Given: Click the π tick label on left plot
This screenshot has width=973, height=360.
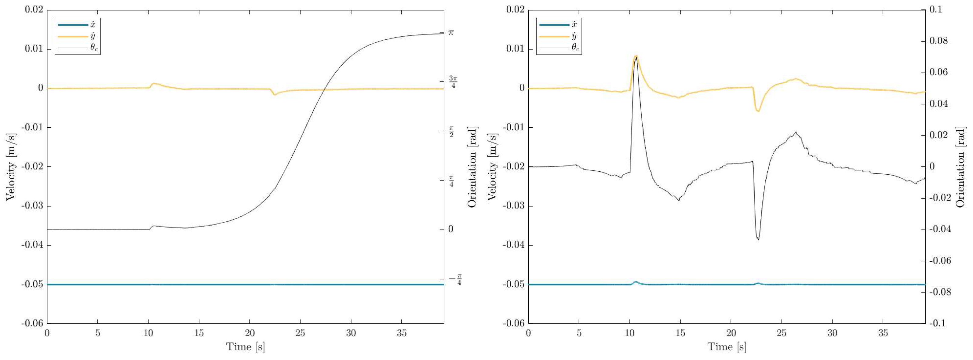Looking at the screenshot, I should (451, 33).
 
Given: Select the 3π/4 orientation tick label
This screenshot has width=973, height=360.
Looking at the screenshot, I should (453, 82).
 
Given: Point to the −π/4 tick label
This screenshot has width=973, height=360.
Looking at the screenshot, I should (455, 279).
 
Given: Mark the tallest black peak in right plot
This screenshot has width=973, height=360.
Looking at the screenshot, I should (636, 58).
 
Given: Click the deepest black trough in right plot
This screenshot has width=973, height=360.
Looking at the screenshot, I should (758, 239).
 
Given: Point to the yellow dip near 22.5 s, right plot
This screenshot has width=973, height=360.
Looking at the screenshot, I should (758, 111).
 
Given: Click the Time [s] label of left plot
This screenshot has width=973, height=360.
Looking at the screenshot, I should (245, 347).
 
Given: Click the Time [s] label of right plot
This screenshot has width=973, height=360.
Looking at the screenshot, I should (726, 347).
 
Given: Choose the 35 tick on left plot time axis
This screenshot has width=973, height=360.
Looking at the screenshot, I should (402, 333).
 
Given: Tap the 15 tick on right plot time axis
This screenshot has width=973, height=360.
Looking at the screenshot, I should (680, 333).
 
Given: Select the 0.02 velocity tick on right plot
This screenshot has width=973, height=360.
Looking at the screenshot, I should (515, 10).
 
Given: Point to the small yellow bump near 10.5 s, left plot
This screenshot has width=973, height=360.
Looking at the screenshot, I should (153, 83).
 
